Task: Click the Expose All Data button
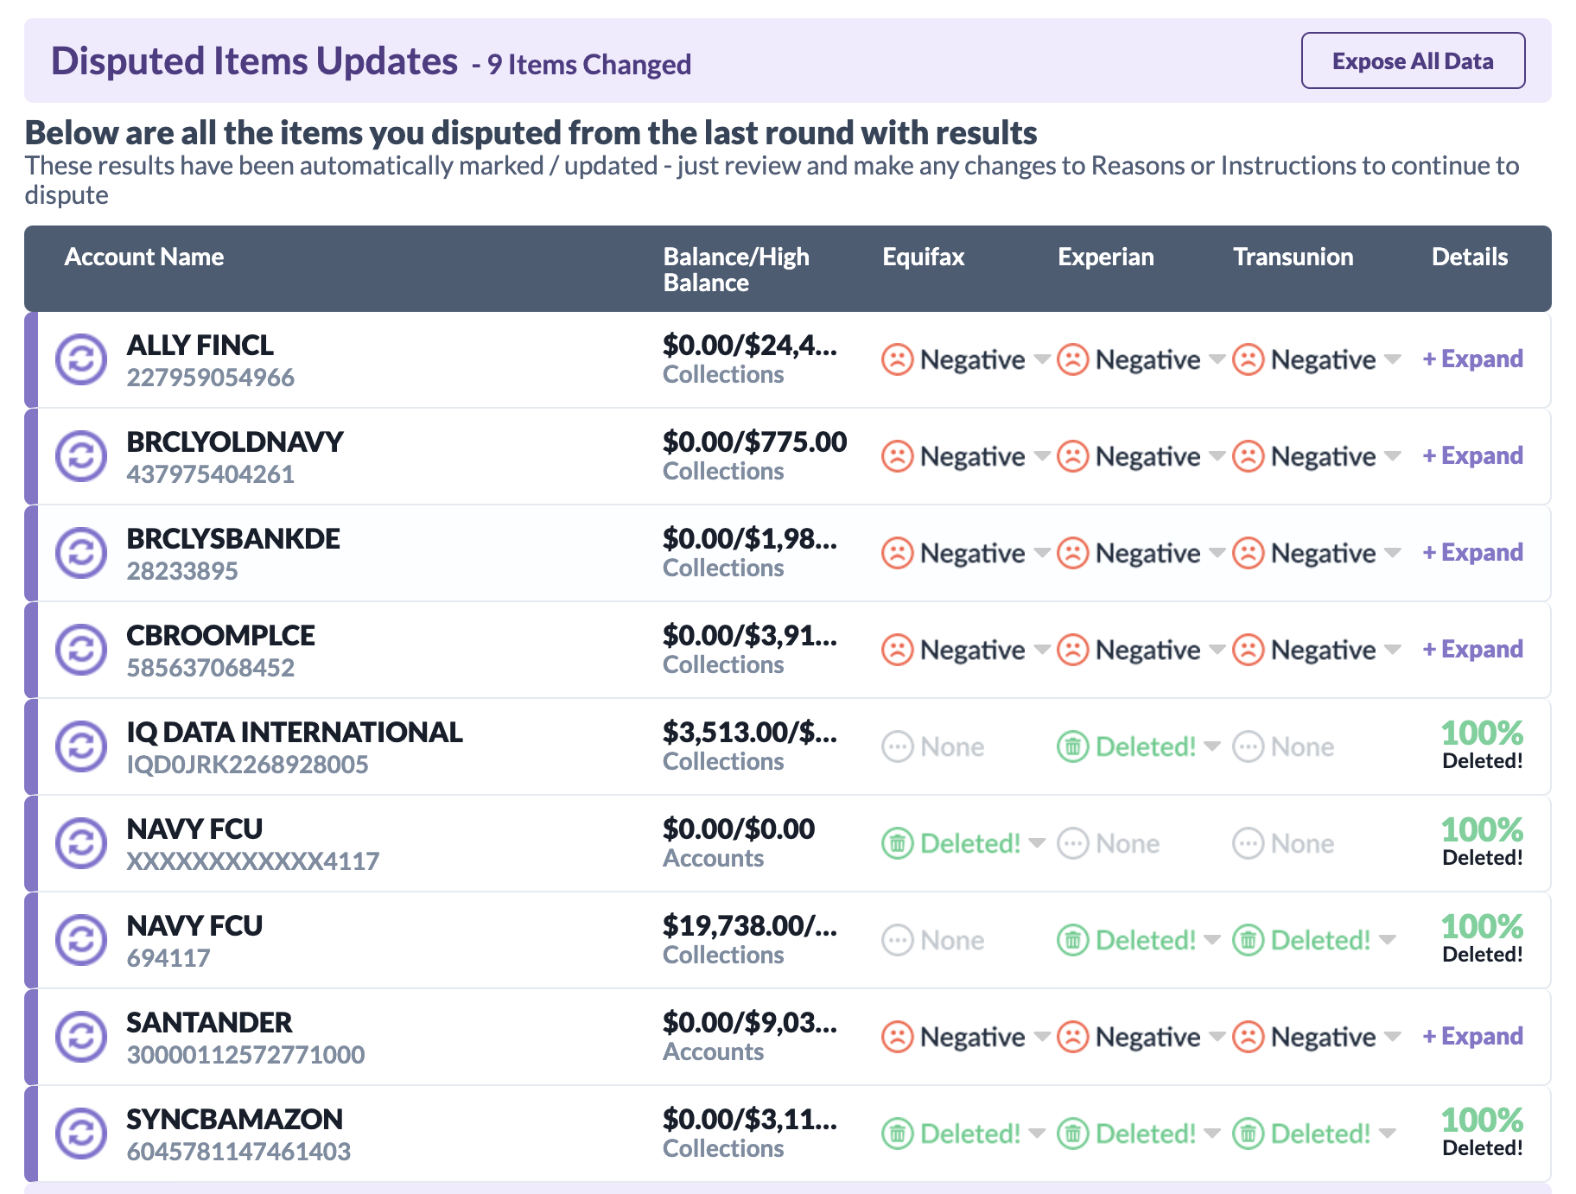tap(1413, 60)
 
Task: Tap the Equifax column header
tap(923, 257)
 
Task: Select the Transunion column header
tap(1293, 257)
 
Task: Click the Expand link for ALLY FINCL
tap(1472, 359)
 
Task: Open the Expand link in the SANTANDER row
tap(1472, 1036)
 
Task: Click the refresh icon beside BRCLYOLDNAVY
tap(81, 456)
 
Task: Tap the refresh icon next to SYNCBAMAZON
tap(81, 1134)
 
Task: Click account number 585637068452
tap(210, 668)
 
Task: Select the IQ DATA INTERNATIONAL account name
tap(294, 732)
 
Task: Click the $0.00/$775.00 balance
tap(754, 441)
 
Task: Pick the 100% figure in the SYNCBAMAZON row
tap(1482, 1121)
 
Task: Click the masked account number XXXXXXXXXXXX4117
tap(252, 861)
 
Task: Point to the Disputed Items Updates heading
tap(254, 61)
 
